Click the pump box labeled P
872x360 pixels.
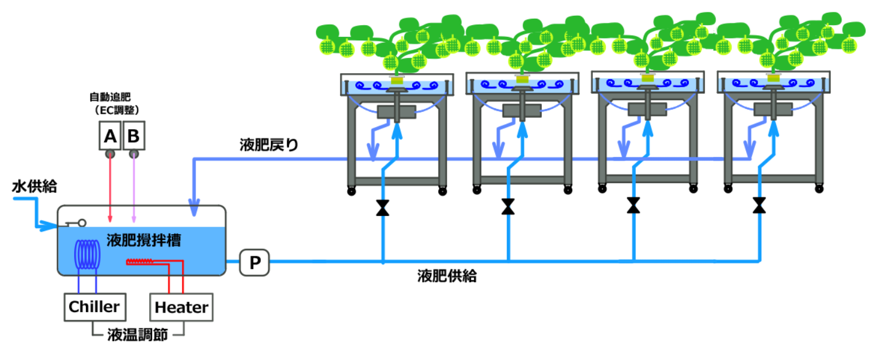point(254,262)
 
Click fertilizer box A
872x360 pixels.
point(109,136)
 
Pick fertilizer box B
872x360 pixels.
point(133,136)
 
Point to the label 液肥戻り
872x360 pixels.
point(269,145)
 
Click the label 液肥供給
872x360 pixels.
point(447,276)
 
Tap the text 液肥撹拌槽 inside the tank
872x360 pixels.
point(144,239)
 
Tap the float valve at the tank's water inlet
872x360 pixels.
point(76,223)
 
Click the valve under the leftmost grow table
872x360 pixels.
point(383,208)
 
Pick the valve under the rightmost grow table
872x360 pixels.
point(759,205)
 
